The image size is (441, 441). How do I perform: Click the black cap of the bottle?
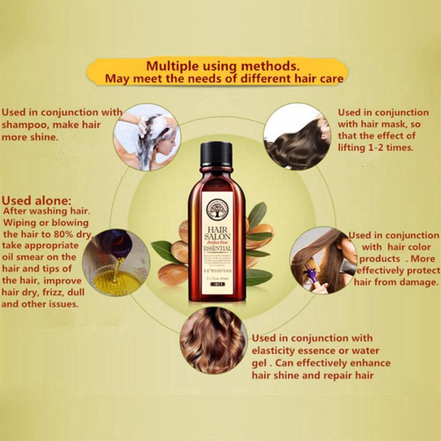click(216, 154)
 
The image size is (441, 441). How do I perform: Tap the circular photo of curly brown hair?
click(213, 341)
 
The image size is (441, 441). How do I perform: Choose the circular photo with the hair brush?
click(323, 260)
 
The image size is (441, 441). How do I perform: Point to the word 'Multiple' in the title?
click(171, 67)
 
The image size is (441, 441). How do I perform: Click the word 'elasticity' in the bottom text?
click(273, 351)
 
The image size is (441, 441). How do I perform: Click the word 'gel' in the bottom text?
click(260, 363)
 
